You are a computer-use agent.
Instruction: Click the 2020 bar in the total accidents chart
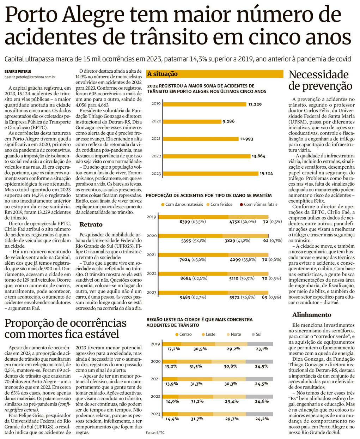click(x=192, y=121)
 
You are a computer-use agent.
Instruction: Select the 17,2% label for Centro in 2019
click(x=173, y=349)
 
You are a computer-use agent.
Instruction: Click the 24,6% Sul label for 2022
click(x=261, y=401)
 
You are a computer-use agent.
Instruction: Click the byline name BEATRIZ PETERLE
click(x=18, y=71)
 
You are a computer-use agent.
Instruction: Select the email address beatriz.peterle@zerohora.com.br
click(x=30, y=77)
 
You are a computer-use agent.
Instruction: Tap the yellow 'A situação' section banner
click(x=214, y=74)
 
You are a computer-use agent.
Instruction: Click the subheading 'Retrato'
click(x=91, y=224)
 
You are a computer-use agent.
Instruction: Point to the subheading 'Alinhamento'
click(x=312, y=314)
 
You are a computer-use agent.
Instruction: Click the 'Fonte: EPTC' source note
click(x=155, y=432)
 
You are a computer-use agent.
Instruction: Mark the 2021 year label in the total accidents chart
click(x=156, y=139)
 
